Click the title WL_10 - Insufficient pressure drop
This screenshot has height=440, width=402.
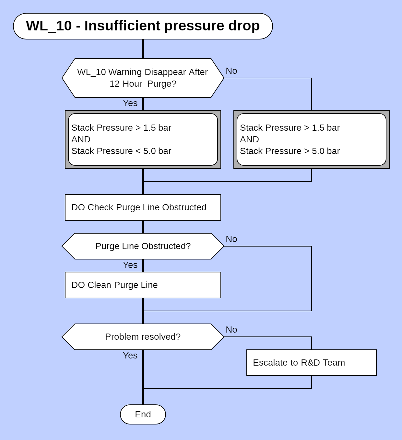(143, 26)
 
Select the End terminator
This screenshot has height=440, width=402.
(143, 414)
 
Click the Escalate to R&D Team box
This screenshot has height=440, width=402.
(311, 363)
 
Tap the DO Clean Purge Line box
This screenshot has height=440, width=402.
(143, 285)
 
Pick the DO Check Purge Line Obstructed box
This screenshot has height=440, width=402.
(143, 207)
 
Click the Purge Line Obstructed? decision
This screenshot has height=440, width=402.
(143, 246)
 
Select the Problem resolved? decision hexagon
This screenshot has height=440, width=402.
(143, 337)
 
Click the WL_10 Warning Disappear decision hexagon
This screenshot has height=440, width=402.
(143, 78)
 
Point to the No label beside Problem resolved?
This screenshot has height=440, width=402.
(231, 330)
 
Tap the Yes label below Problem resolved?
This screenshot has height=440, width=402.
(130, 356)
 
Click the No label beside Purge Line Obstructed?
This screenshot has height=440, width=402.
(231, 239)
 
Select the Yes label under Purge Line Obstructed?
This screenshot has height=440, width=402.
(130, 265)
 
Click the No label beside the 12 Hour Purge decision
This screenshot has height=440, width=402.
(231, 71)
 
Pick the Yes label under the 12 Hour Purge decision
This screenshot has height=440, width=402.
(130, 103)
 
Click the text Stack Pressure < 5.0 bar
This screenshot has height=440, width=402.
(121, 151)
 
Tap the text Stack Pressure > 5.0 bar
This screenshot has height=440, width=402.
(290, 151)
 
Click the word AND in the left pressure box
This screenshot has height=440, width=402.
(81, 139)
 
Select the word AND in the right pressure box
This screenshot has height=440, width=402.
(249, 139)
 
